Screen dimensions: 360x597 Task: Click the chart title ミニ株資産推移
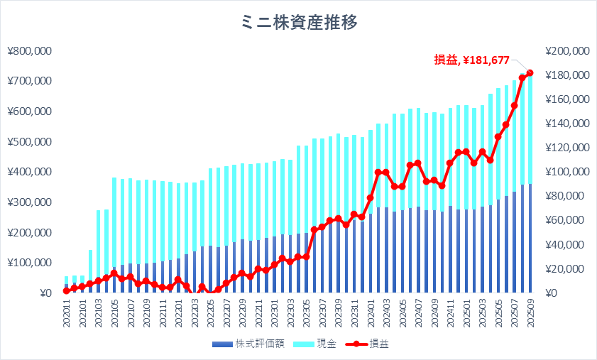[x=299, y=22]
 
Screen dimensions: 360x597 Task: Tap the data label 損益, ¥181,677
[x=472, y=60]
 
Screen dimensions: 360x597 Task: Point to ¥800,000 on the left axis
[x=29, y=50]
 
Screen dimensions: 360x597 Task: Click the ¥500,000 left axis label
[x=29, y=141]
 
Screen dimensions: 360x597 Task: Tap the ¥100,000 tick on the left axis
[x=29, y=263]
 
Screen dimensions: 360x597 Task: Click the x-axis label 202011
[x=66, y=313]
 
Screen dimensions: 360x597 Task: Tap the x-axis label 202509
[x=530, y=313]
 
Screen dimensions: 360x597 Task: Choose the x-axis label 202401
[x=371, y=313]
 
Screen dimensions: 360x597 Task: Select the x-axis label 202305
[x=306, y=313]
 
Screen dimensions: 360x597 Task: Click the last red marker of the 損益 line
[x=530, y=72]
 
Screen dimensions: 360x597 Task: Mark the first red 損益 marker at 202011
[x=66, y=290]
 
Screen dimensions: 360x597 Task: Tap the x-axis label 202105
[x=114, y=313]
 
